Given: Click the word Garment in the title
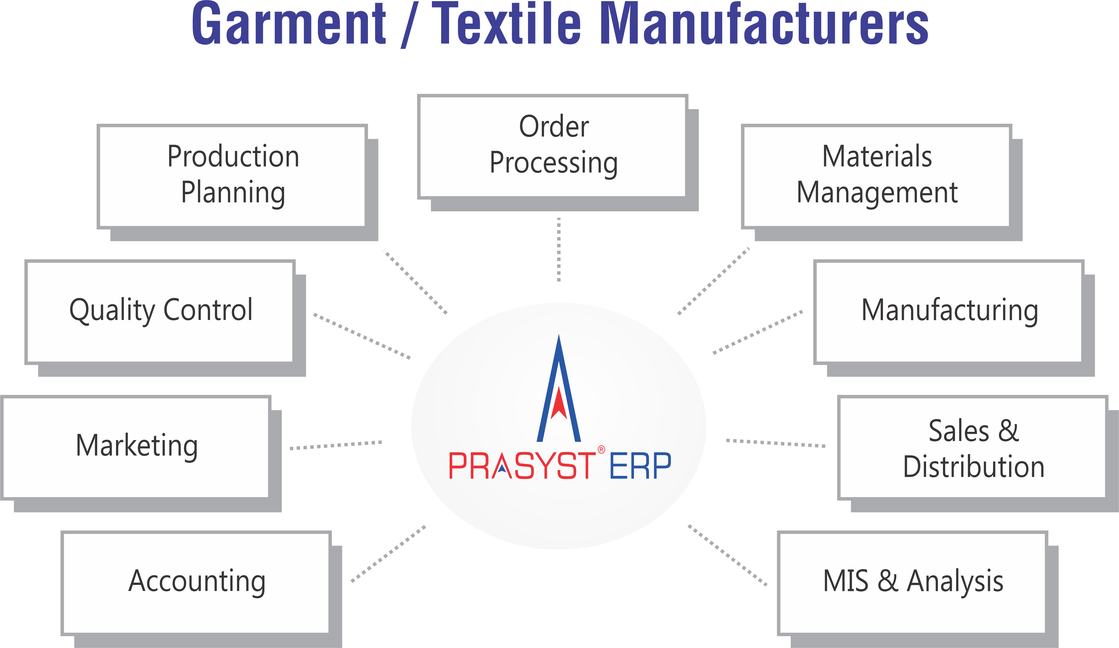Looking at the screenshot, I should [289, 24].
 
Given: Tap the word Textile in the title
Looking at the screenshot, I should [506, 24].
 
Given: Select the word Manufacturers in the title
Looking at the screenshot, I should [764, 24].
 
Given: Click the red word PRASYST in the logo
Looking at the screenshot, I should [522, 466].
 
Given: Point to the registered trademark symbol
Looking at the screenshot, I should [601, 450].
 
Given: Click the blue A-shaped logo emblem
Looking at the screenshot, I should [559, 391].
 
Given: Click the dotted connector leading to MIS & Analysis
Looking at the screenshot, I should [727, 555].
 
